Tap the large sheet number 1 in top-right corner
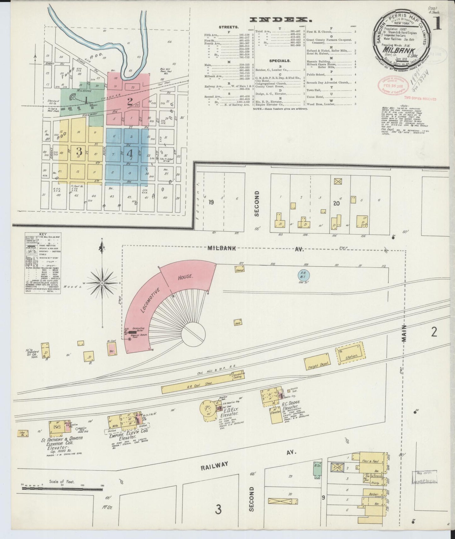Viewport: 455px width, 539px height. tap(438, 24)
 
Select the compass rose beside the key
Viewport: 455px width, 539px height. tap(102, 283)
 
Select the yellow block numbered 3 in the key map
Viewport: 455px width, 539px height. tap(79, 151)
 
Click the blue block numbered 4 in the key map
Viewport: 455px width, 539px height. tap(129, 153)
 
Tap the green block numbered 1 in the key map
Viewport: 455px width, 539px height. tap(85, 100)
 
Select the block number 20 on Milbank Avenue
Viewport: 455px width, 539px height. tap(336, 203)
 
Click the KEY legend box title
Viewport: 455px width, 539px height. tap(43, 234)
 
